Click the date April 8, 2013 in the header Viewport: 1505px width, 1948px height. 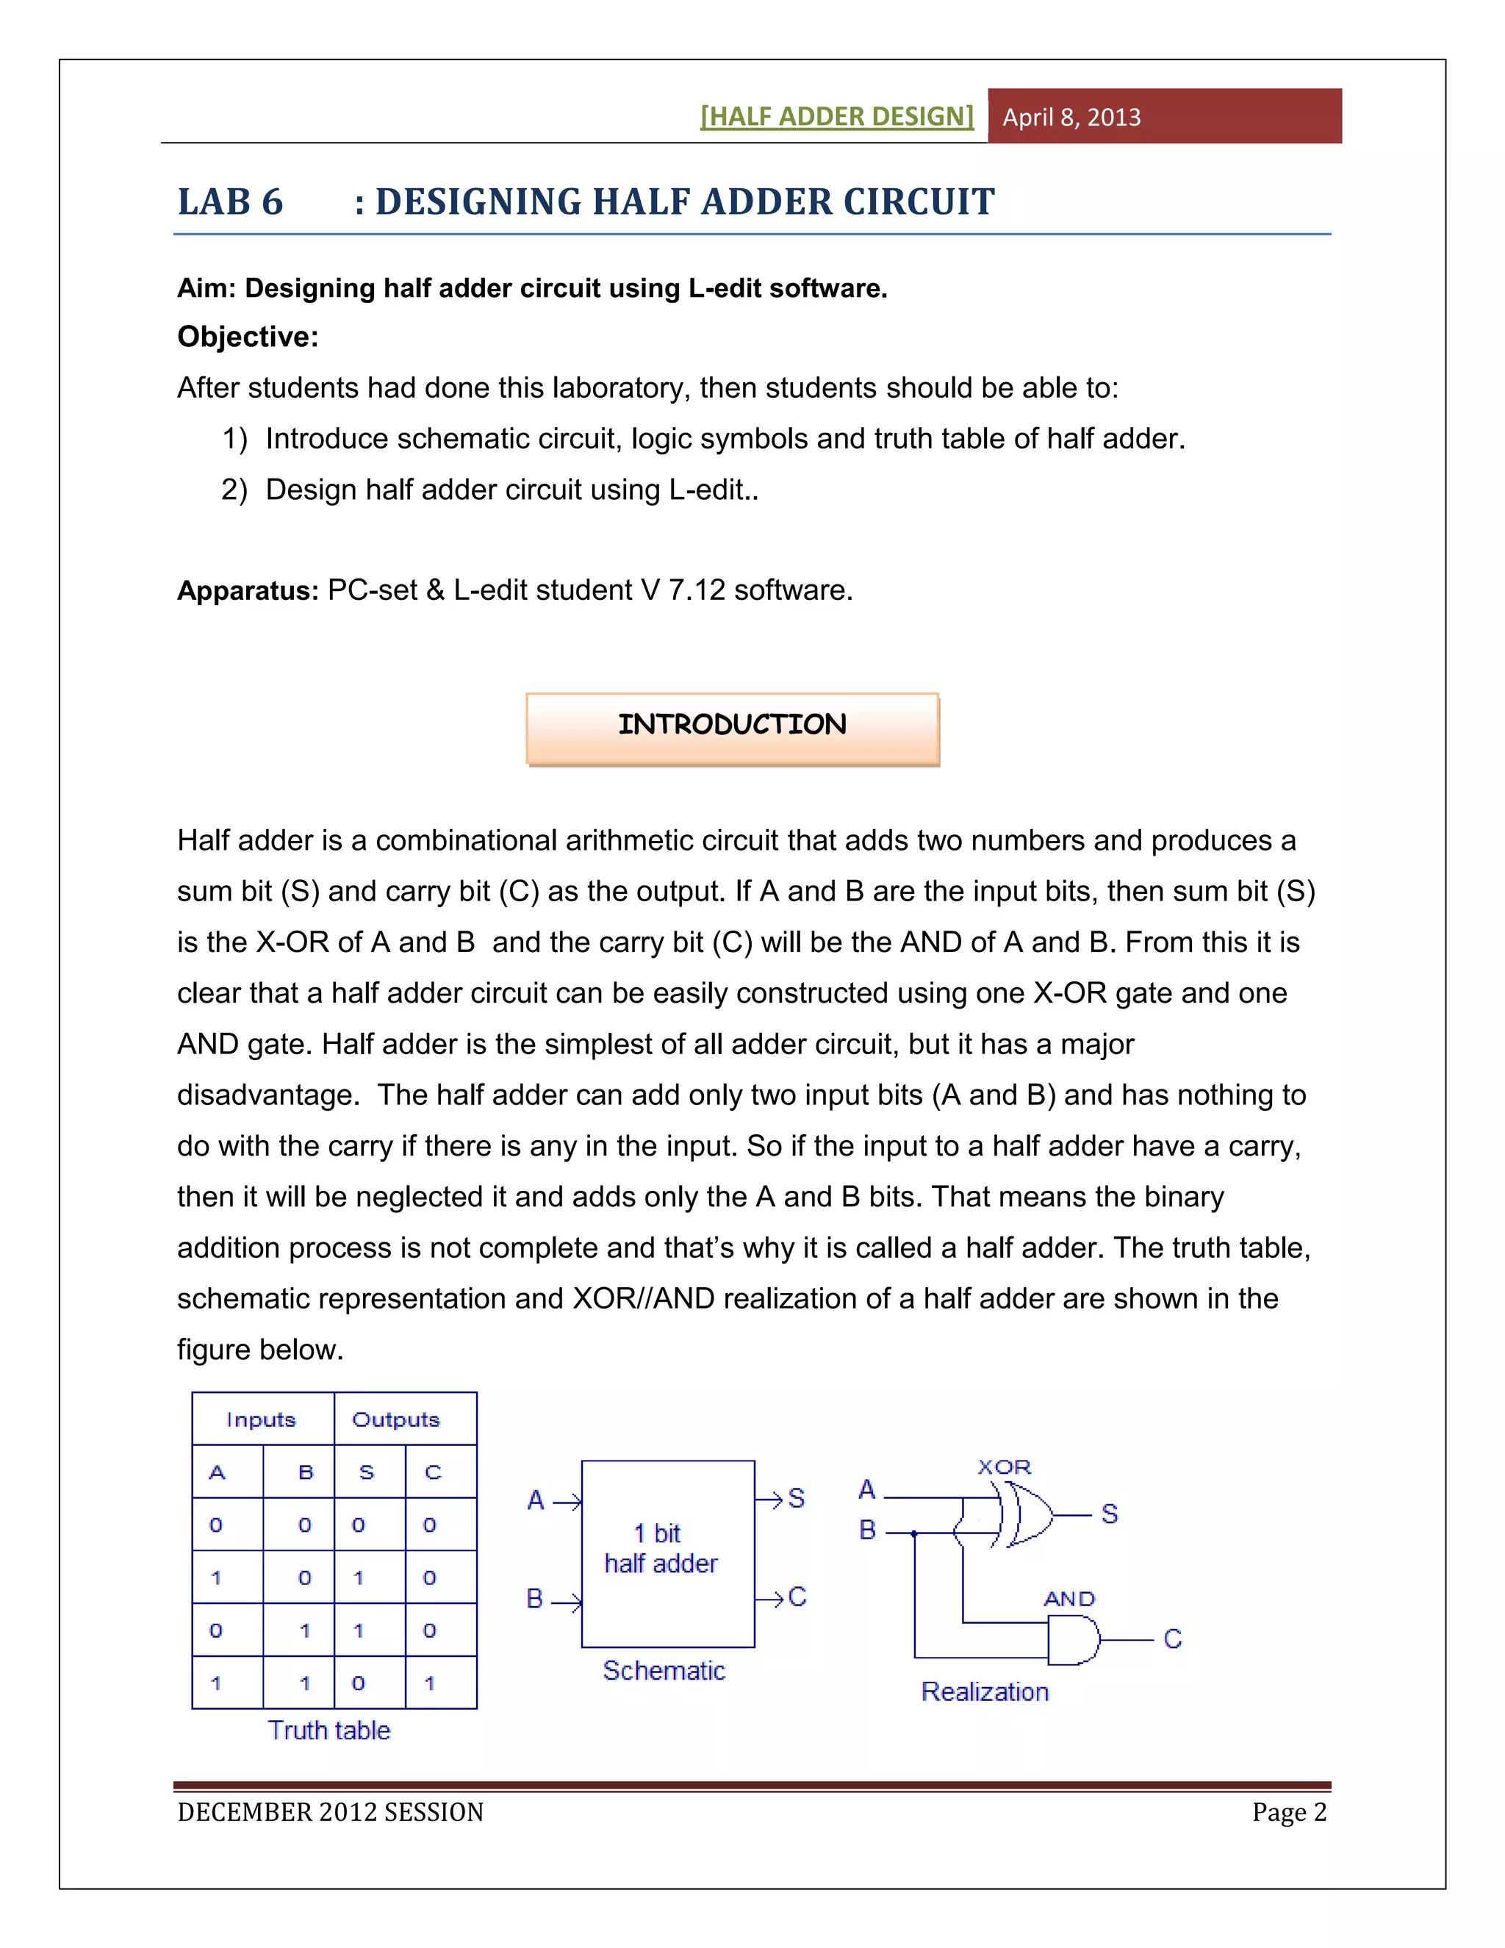click(x=1071, y=117)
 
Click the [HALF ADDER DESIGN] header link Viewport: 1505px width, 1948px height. click(x=836, y=116)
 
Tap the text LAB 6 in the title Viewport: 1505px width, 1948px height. click(x=230, y=201)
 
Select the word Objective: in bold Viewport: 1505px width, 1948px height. click(x=248, y=337)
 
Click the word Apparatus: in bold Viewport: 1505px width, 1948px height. click(x=248, y=590)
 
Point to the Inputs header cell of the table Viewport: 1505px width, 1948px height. click(x=261, y=1419)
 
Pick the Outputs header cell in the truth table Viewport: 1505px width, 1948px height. click(x=396, y=1419)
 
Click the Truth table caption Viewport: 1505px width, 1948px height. click(x=329, y=1730)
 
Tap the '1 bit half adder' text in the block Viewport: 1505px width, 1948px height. click(x=661, y=1548)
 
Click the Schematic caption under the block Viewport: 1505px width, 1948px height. click(x=664, y=1671)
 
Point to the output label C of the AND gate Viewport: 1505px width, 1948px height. click(x=1172, y=1639)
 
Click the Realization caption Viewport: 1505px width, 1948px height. click(x=984, y=1692)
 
